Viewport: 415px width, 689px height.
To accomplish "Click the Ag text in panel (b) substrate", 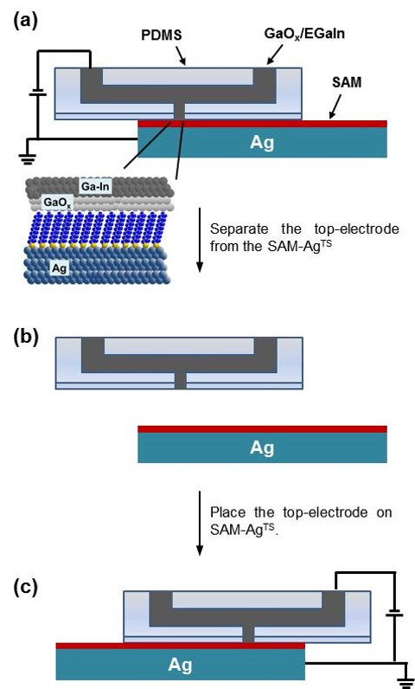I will click(262, 448).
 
